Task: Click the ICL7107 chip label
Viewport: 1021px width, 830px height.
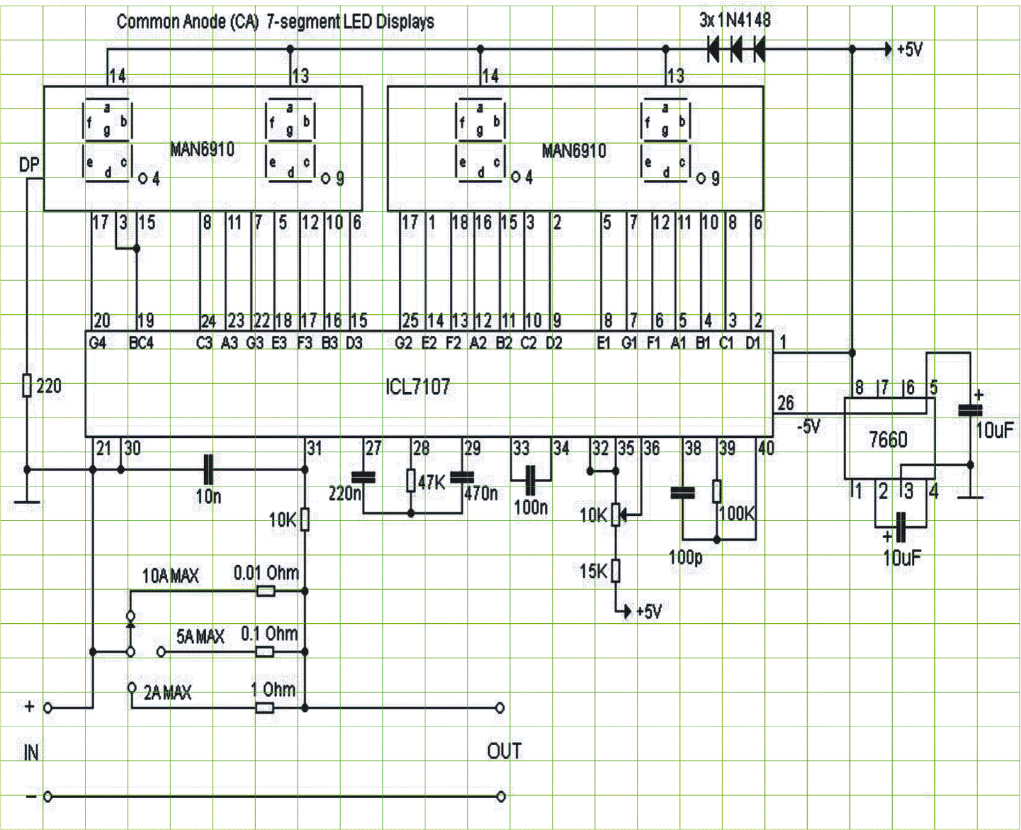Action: (418, 386)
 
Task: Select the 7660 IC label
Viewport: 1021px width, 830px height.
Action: (888, 439)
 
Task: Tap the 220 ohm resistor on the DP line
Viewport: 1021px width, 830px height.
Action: (27, 386)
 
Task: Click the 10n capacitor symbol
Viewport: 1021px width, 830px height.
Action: (209, 470)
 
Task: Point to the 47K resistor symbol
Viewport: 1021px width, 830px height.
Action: (411, 480)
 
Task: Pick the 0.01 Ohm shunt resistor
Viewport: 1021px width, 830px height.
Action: (266, 591)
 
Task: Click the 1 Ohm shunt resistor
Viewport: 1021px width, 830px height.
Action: (265, 707)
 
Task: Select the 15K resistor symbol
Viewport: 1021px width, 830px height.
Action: (616, 571)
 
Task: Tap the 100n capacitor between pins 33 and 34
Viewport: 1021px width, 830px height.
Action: (530, 480)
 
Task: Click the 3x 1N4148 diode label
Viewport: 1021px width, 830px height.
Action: (735, 20)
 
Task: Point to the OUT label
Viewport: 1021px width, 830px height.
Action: (504, 751)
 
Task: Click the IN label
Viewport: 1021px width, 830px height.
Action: (31, 753)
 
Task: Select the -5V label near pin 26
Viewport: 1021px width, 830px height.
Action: (809, 426)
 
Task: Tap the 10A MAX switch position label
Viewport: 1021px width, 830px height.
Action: (170, 576)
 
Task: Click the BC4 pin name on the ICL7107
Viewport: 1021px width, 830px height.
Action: (142, 343)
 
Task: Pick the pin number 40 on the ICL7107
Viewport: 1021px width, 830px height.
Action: (766, 448)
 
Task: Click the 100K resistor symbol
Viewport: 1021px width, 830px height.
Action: (717, 491)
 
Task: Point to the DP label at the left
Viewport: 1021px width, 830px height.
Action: (29, 165)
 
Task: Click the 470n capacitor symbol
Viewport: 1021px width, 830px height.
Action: (463, 477)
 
